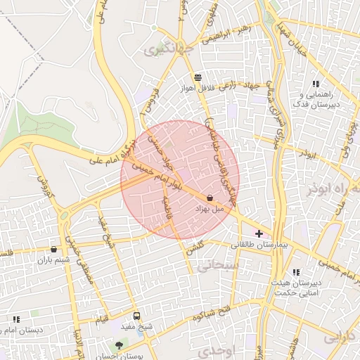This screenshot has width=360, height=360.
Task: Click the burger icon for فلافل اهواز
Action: coord(199,78)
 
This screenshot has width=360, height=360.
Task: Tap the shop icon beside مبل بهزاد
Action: coord(210,198)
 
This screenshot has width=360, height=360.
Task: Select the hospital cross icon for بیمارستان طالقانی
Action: coord(259,233)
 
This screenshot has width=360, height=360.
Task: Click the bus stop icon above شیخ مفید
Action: coord(136,316)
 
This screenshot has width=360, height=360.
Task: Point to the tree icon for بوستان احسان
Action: coord(119,345)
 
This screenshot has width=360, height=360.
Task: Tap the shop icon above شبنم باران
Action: coord(54,250)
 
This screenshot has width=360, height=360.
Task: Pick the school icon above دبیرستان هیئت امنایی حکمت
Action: coord(296,272)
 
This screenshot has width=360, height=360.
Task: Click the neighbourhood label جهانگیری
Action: coord(162,50)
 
